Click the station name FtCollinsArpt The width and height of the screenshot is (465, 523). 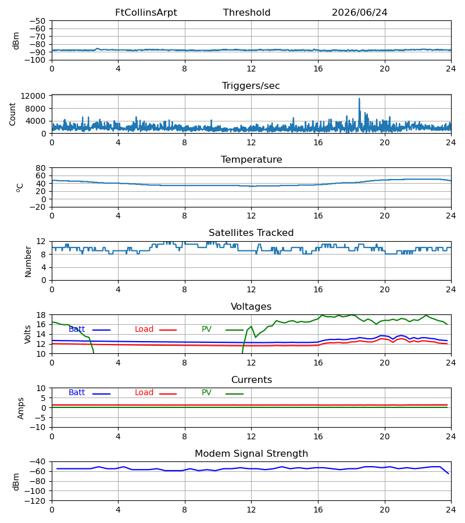coord(146,13)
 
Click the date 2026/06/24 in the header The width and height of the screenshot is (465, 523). coord(359,13)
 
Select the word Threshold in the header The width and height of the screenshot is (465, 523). coord(246,13)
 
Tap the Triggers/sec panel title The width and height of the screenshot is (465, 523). coord(251,86)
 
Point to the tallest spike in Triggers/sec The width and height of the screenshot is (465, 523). coord(359,98)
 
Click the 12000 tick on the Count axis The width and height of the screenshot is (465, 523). coord(33,96)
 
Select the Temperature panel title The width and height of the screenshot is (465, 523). coord(251,159)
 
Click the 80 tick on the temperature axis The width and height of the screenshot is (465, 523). coord(41,168)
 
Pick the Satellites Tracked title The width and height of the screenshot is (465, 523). coord(251,233)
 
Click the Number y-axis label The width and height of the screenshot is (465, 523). coord(28,261)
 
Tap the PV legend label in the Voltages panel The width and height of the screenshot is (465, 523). coord(206,329)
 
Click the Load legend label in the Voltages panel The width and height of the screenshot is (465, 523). coord(144,329)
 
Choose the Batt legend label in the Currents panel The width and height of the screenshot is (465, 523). coord(77,393)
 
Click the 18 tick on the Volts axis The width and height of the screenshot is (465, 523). coord(41,315)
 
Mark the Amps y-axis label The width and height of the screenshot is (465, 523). coord(21,409)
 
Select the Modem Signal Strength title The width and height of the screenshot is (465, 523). coord(251,454)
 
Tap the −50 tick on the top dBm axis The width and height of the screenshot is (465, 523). coord(38,21)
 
